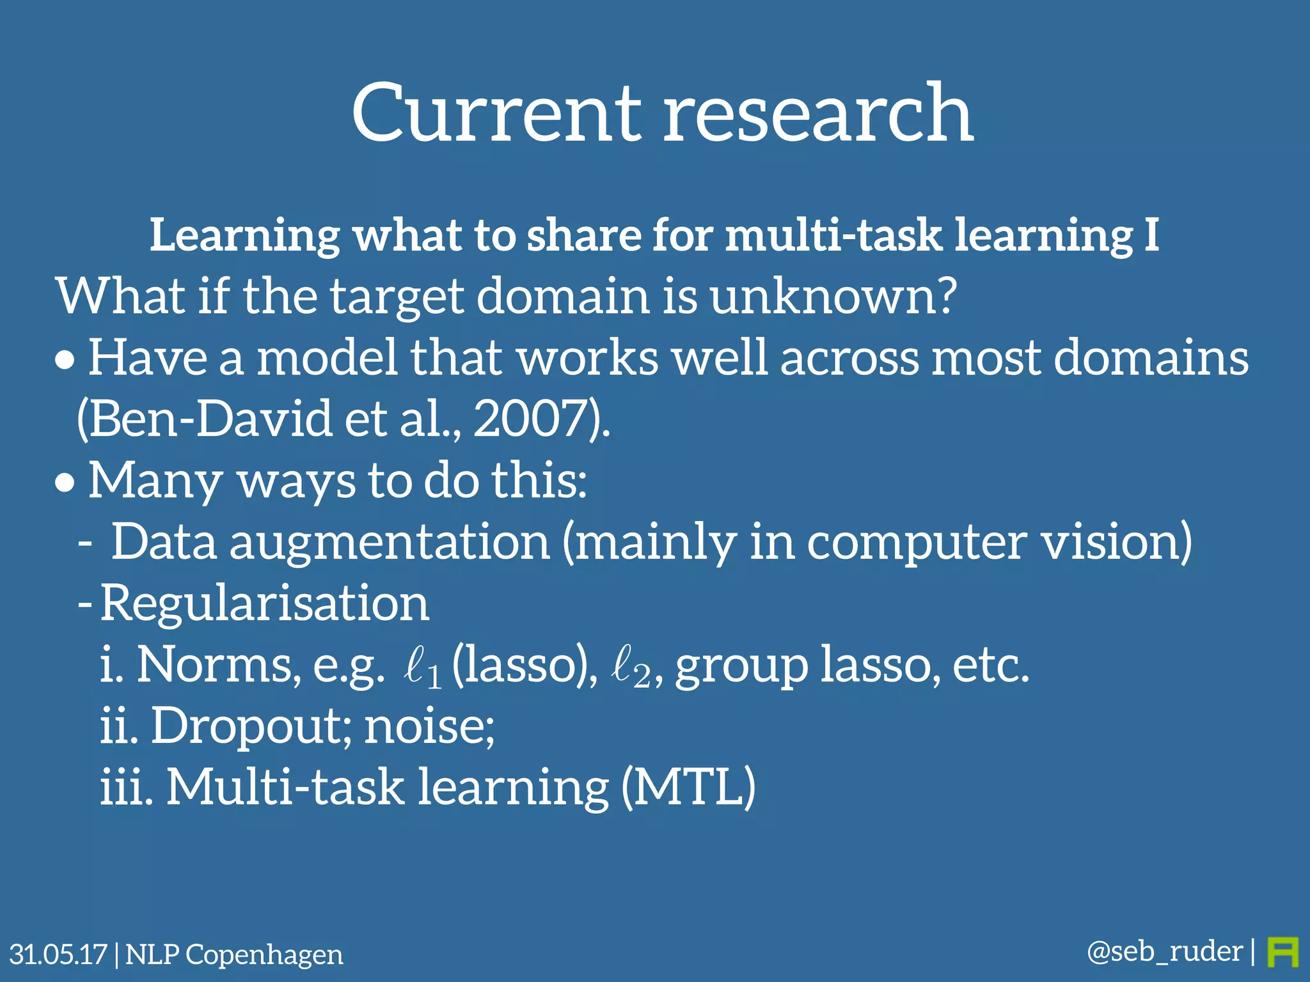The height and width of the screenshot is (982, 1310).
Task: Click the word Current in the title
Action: pyautogui.click(x=496, y=114)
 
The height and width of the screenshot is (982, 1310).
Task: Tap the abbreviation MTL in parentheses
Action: pyautogui.click(x=689, y=787)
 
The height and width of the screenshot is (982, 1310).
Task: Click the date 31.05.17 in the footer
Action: pyautogui.click(x=58, y=955)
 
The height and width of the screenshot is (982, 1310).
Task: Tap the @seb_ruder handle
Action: pyautogui.click(x=1164, y=952)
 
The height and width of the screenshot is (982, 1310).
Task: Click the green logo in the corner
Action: pyautogui.click(x=1282, y=953)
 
